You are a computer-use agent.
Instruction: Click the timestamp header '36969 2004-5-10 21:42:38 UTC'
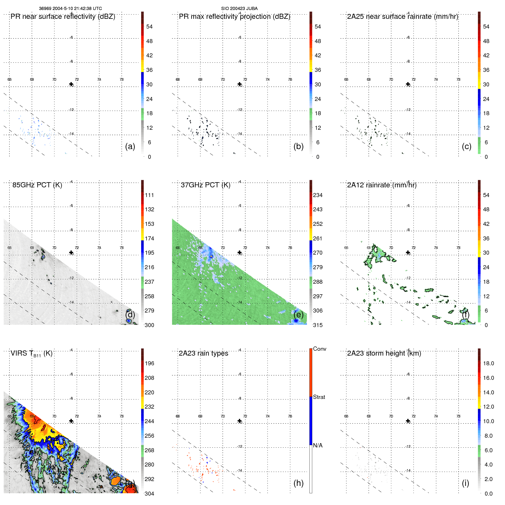pyautogui.click(x=70, y=9)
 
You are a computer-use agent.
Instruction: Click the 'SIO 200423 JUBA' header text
pyautogui.click(x=239, y=9)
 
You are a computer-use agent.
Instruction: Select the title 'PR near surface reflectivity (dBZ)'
pyautogui.click(x=63, y=17)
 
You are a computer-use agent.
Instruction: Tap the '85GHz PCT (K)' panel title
pyautogui.click(x=37, y=185)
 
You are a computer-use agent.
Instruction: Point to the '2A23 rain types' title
pyautogui.click(x=203, y=353)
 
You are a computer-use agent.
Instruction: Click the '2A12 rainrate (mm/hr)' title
pyautogui.click(x=382, y=185)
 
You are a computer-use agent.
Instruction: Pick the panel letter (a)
pyautogui.click(x=130, y=146)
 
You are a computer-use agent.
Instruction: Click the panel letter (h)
pyautogui.click(x=298, y=483)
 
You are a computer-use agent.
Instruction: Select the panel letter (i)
pyautogui.click(x=465, y=483)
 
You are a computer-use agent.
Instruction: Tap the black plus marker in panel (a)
pyautogui.click(x=71, y=84)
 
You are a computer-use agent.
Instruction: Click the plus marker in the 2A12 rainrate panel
pyautogui.click(x=408, y=252)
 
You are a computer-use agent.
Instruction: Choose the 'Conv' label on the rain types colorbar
pyautogui.click(x=319, y=349)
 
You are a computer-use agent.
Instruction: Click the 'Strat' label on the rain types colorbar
pyautogui.click(x=319, y=397)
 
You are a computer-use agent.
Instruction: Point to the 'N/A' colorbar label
pyautogui.click(x=318, y=445)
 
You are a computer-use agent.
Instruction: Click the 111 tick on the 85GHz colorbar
pyautogui.click(x=149, y=195)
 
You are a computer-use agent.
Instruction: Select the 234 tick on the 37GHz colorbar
pyautogui.click(x=318, y=195)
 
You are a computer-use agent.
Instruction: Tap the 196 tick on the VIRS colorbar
pyautogui.click(x=149, y=363)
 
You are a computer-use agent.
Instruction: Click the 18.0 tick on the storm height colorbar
pyautogui.click(x=488, y=363)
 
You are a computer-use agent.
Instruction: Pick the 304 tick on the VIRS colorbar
pyautogui.click(x=149, y=494)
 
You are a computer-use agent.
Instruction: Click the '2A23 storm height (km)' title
pyautogui.click(x=384, y=353)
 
